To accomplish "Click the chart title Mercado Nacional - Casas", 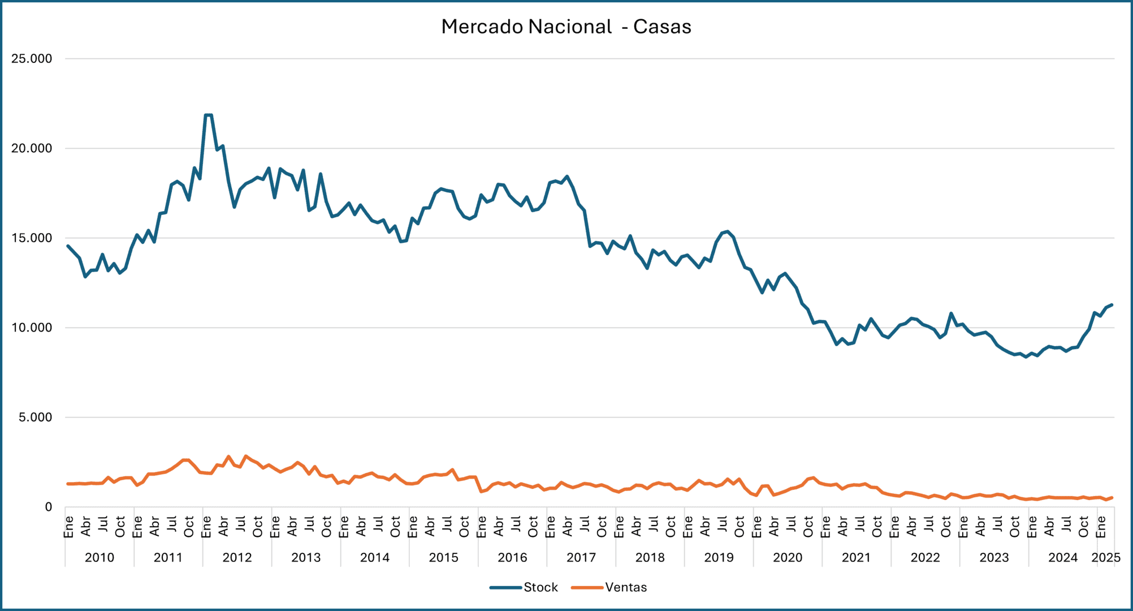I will click(566, 27).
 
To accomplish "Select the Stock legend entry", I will click(540, 587).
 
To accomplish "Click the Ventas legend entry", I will click(625, 587).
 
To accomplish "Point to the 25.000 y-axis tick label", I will click(32, 59).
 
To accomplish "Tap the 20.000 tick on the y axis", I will click(32, 148).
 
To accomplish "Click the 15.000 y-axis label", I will click(32, 238).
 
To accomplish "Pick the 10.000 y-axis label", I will click(32, 328).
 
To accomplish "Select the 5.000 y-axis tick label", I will click(35, 418).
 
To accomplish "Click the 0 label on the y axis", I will click(49, 507).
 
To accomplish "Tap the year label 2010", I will click(100, 557).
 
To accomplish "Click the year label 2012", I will click(237, 557).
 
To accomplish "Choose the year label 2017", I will click(581, 557).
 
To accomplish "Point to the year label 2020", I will click(788, 557).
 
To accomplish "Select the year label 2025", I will click(1106, 557).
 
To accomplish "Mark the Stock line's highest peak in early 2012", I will click(208, 115).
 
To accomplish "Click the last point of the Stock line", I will click(1112, 305).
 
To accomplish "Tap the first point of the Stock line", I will click(68, 246).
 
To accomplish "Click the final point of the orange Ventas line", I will click(1112, 498).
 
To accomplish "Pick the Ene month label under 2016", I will click(482, 526).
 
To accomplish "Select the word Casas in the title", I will click(662, 27).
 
